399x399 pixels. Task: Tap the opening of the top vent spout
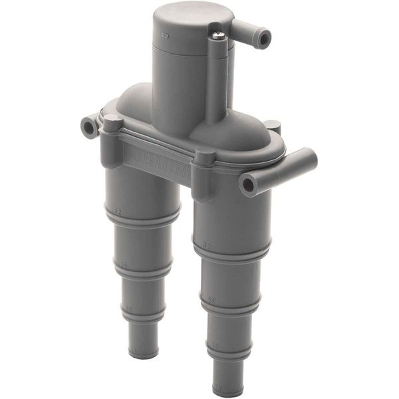(265, 39)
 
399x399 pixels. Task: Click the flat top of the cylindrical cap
(185, 17)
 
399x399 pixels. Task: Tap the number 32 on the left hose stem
(116, 212)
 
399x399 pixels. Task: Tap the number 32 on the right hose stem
(207, 245)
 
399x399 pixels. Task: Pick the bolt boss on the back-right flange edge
(272, 127)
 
